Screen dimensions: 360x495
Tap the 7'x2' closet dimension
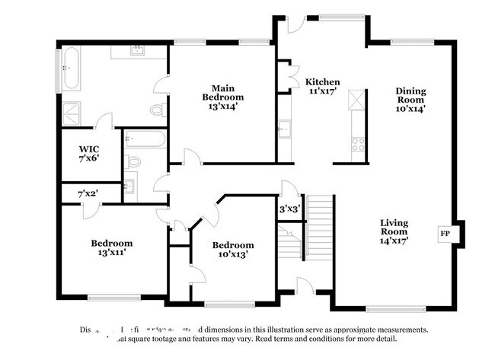click(x=88, y=194)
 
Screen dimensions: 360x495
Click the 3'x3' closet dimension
click(x=289, y=209)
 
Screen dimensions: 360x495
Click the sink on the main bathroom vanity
click(x=139, y=52)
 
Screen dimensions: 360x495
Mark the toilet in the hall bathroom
click(x=133, y=161)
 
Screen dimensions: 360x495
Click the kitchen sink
click(x=284, y=131)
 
